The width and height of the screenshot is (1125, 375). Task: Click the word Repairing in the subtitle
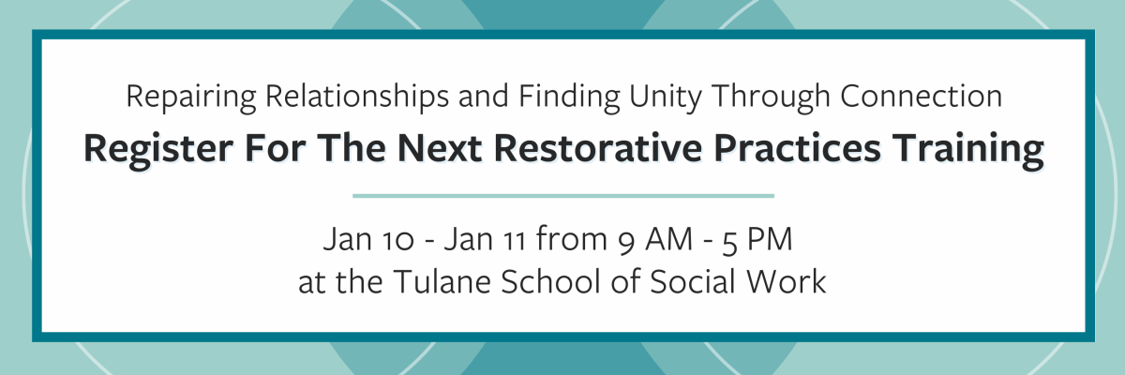191,97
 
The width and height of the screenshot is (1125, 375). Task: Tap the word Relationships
357,96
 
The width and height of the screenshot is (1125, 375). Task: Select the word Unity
666,97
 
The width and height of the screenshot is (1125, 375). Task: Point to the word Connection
921,96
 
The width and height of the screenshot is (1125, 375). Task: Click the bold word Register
158,150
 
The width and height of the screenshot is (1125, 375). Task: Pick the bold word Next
440,148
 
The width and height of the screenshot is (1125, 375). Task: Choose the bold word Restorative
598,148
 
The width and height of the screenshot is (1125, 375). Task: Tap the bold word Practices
797,148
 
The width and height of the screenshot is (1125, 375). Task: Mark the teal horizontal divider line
563,196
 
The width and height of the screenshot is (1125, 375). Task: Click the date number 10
397,240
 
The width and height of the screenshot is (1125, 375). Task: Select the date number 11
514,240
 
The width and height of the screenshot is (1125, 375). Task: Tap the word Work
786,281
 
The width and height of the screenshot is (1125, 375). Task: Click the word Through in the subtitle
771,97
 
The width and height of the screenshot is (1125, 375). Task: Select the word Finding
570,97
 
